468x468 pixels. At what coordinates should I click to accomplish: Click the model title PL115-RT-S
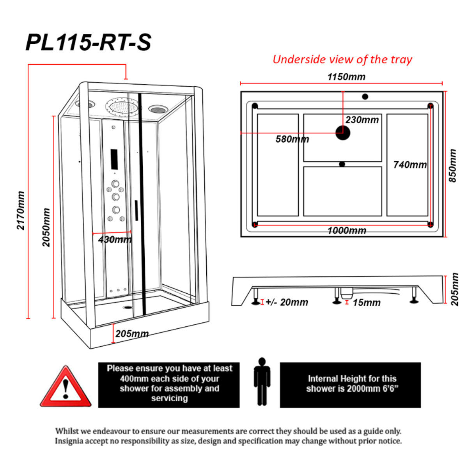click(x=89, y=43)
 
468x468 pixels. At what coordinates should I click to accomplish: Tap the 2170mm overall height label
click(x=21, y=210)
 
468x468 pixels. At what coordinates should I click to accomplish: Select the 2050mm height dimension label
click(x=46, y=227)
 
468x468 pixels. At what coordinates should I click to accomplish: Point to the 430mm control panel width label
click(x=115, y=239)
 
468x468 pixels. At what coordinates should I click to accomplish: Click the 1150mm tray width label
click(x=346, y=77)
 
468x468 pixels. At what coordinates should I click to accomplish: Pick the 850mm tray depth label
click(x=452, y=166)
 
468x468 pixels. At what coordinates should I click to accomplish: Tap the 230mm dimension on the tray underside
click(x=362, y=120)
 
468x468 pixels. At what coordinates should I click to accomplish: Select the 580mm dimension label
click(x=292, y=139)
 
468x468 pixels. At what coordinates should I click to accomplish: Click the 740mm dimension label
click(x=409, y=165)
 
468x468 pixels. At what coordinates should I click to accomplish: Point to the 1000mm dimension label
click(x=347, y=230)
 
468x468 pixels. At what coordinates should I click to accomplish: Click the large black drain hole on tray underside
click(x=343, y=133)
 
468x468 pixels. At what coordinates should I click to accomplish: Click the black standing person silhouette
click(x=262, y=382)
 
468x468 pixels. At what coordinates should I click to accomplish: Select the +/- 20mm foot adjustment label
click(x=287, y=302)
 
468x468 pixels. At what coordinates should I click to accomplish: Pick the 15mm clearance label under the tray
click(x=366, y=303)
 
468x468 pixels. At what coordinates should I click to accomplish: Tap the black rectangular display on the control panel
click(x=114, y=160)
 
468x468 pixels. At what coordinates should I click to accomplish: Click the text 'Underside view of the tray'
click(x=342, y=60)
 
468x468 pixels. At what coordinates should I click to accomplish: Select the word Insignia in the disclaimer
click(x=71, y=441)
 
